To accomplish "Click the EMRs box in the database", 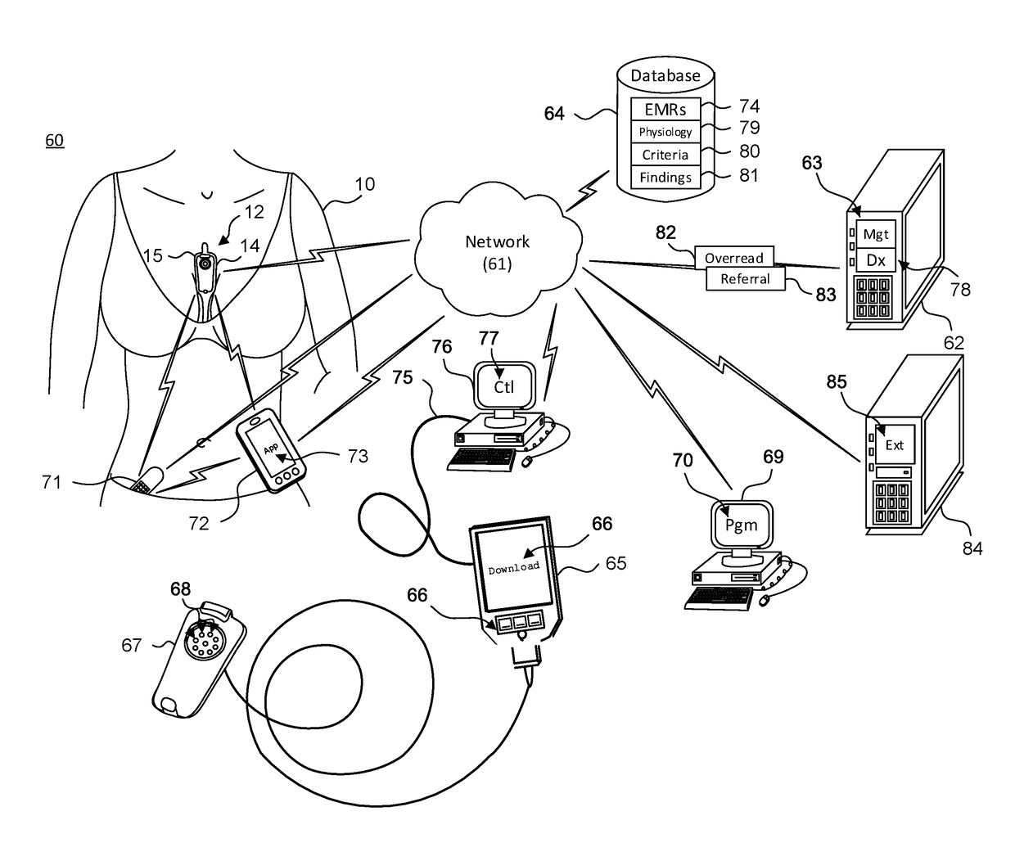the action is [665, 109].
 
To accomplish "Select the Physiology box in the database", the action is [665, 132].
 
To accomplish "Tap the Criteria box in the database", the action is [665, 155].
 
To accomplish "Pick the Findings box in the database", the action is [665, 177].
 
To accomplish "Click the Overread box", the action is [734, 257].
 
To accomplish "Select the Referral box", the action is [745, 279].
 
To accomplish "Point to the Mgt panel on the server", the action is [876, 234].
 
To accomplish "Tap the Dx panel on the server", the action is [876, 260].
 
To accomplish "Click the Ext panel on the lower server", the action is [895, 444].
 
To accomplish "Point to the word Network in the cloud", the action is [498, 241].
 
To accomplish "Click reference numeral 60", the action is [55, 141].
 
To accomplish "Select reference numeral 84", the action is [972, 548].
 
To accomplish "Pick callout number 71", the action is [52, 482].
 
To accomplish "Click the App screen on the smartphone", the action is [270, 447].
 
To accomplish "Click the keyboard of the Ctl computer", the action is [481, 459].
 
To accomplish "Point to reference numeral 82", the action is [665, 232].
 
